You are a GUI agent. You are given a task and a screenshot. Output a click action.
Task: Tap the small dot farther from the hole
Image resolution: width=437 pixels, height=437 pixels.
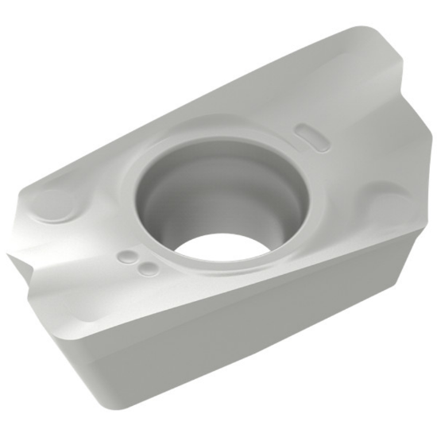pyautogui.click(x=126, y=257)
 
